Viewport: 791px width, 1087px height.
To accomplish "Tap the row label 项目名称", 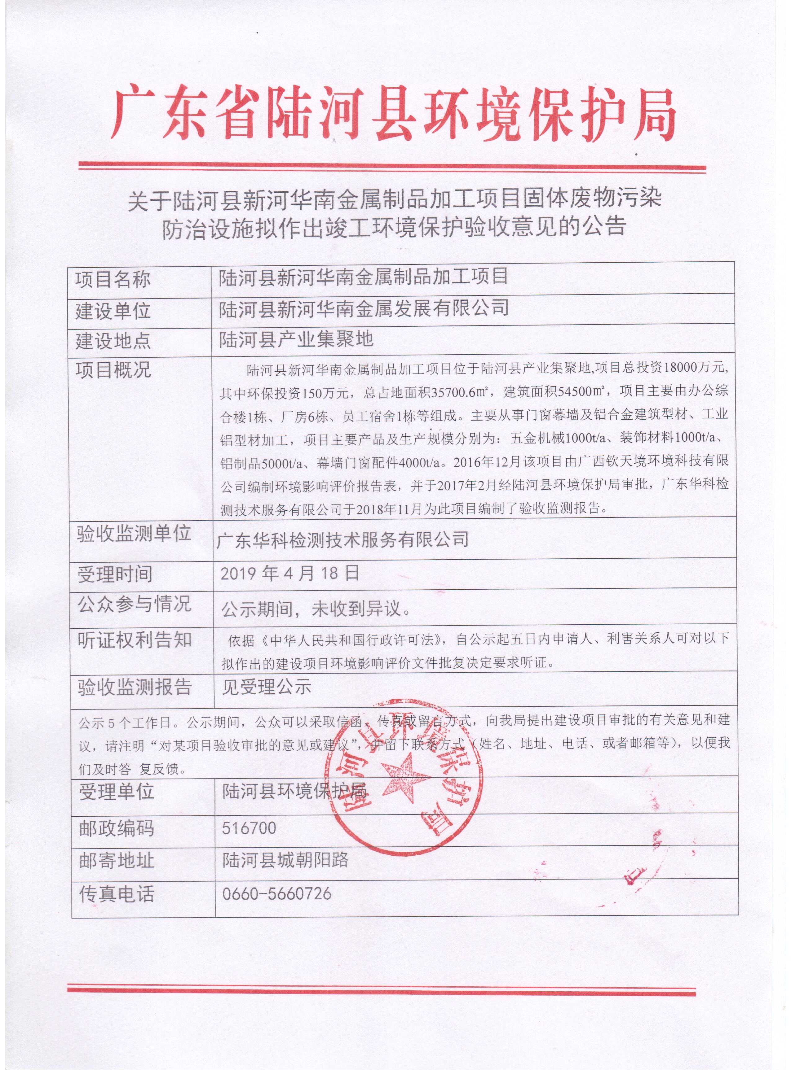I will (x=113, y=279).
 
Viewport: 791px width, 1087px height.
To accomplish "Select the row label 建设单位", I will (x=113, y=311).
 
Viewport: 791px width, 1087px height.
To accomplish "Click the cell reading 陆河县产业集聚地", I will (x=296, y=340).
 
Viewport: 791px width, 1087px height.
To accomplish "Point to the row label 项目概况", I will (x=113, y=369).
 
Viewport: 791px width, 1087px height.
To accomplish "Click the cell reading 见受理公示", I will (x=266, y=687).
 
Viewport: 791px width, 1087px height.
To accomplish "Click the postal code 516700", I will (x=249, y=828).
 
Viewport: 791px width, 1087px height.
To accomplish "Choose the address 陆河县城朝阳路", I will (x=285, y=860).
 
